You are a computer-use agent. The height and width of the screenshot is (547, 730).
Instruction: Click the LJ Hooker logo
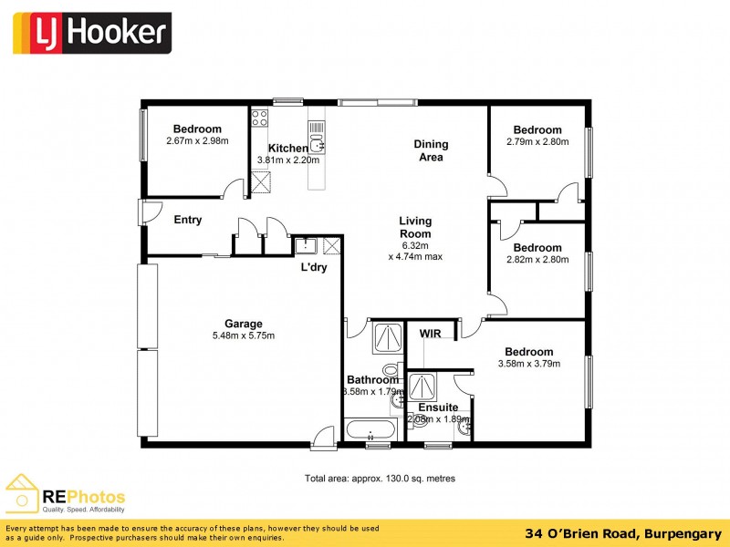point(90,33)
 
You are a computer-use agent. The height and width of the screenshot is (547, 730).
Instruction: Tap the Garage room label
point(244,324)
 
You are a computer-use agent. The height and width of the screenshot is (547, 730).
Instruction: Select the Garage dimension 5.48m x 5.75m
point(244,335)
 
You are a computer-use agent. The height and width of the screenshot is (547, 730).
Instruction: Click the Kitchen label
point(287,149)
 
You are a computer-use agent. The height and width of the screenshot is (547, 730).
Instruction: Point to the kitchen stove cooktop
point(259,118)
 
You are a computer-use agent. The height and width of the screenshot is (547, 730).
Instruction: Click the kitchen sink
point(316,142)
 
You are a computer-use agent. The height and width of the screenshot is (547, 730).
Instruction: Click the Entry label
point(188,220)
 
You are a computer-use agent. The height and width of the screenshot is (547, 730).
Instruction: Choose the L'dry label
point(314,268)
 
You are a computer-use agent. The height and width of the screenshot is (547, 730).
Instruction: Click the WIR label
point(430,335)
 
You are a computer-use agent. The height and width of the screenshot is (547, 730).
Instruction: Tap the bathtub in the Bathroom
point(370,429)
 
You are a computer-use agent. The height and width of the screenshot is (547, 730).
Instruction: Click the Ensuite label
point(438,408)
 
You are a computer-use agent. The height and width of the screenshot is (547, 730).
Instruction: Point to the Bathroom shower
point(388,338)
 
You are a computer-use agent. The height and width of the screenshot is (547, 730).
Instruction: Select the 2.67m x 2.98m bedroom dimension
point(197,141)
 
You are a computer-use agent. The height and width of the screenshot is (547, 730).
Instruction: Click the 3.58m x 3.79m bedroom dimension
point(528,364)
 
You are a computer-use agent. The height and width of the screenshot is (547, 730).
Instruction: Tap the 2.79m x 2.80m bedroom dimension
point(537,141)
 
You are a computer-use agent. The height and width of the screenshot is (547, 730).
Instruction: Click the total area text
point(380,479)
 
